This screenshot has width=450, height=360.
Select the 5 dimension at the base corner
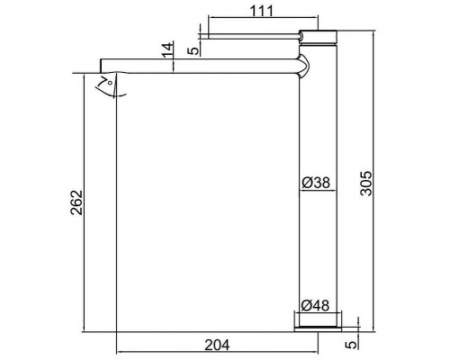[x=364, y=342]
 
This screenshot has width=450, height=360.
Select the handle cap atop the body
[x=316, y=36]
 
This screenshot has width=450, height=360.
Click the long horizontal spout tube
[x=198, y=69]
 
